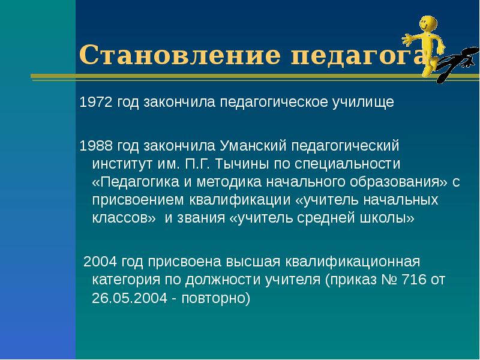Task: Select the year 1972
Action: (96, 102)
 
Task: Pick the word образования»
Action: (391, 181)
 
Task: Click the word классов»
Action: (124, 217)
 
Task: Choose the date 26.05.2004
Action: (128, 298)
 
